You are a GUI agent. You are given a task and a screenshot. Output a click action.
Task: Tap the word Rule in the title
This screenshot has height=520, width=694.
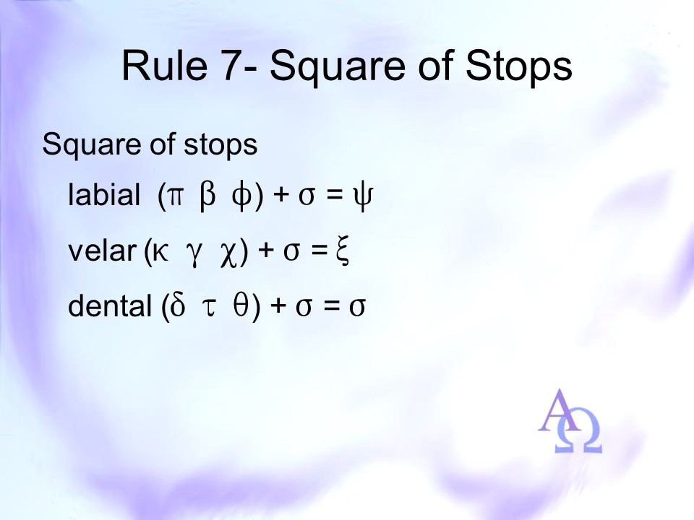coord(165,66)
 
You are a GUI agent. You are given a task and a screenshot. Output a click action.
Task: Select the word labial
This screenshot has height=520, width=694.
coord(104,194)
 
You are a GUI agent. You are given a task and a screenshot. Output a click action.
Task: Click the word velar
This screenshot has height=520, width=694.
coord(101,251)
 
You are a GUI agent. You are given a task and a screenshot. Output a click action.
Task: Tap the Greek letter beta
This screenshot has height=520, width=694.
coord(207,196)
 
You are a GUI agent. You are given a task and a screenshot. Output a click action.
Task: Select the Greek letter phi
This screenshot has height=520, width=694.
coord(241,197)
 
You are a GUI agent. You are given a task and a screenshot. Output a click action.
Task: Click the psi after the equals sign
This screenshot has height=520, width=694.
coord(362,197)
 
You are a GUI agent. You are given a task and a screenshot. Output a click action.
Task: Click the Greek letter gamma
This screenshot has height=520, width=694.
coord(194,256)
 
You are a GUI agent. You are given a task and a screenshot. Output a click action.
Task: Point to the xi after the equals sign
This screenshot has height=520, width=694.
coord(342,251)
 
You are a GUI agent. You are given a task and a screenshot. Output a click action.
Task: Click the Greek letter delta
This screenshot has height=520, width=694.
coord(177,304)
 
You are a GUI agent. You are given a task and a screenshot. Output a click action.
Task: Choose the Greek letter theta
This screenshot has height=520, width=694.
coord(241,305)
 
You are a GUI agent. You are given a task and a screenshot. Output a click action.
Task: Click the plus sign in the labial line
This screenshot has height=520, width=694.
coord(281,196)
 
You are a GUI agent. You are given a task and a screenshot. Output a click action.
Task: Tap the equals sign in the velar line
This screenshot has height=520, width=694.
coord(318,251)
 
